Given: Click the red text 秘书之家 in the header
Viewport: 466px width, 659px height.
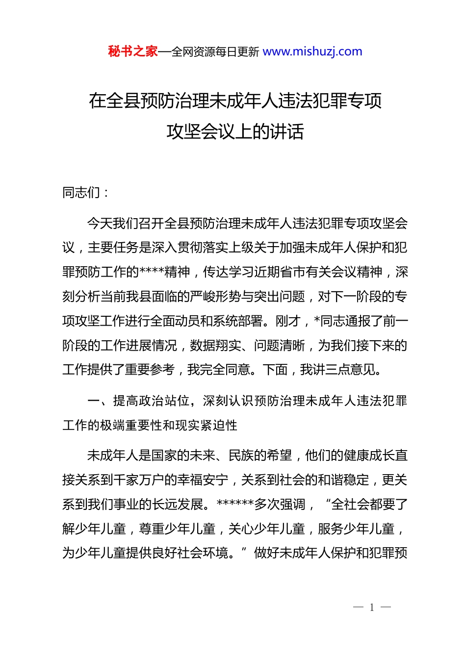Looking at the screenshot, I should point(133,51).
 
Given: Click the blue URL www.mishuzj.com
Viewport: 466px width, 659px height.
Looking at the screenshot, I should point(312,51).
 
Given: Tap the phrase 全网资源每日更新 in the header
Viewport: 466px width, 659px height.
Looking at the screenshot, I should point(215,52).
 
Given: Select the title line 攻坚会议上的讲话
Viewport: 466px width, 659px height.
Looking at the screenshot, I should point(235,131).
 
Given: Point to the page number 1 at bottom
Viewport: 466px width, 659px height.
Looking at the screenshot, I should point(372,608).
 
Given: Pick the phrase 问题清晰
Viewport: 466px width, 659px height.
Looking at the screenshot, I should point(279,346).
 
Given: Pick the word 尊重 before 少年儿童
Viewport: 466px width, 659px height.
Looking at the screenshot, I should point(152,529).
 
